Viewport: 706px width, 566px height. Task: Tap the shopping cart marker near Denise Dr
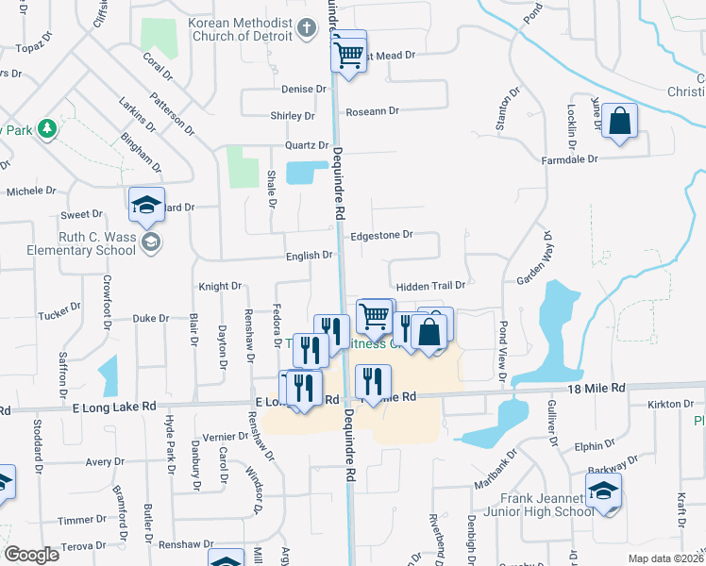(348, 57)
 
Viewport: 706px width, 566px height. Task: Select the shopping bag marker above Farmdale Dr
(619, 122)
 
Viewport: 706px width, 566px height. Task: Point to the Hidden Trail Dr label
(430, 285)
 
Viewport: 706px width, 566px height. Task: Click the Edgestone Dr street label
(381, 235)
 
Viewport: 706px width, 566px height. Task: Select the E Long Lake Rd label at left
(114, 407)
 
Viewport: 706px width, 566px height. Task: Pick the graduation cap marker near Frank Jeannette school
(603, 491)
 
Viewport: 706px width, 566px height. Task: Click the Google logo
(31, 554)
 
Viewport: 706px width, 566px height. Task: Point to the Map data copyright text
(666, 558)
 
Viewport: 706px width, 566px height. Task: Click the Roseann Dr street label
(372, 111)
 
